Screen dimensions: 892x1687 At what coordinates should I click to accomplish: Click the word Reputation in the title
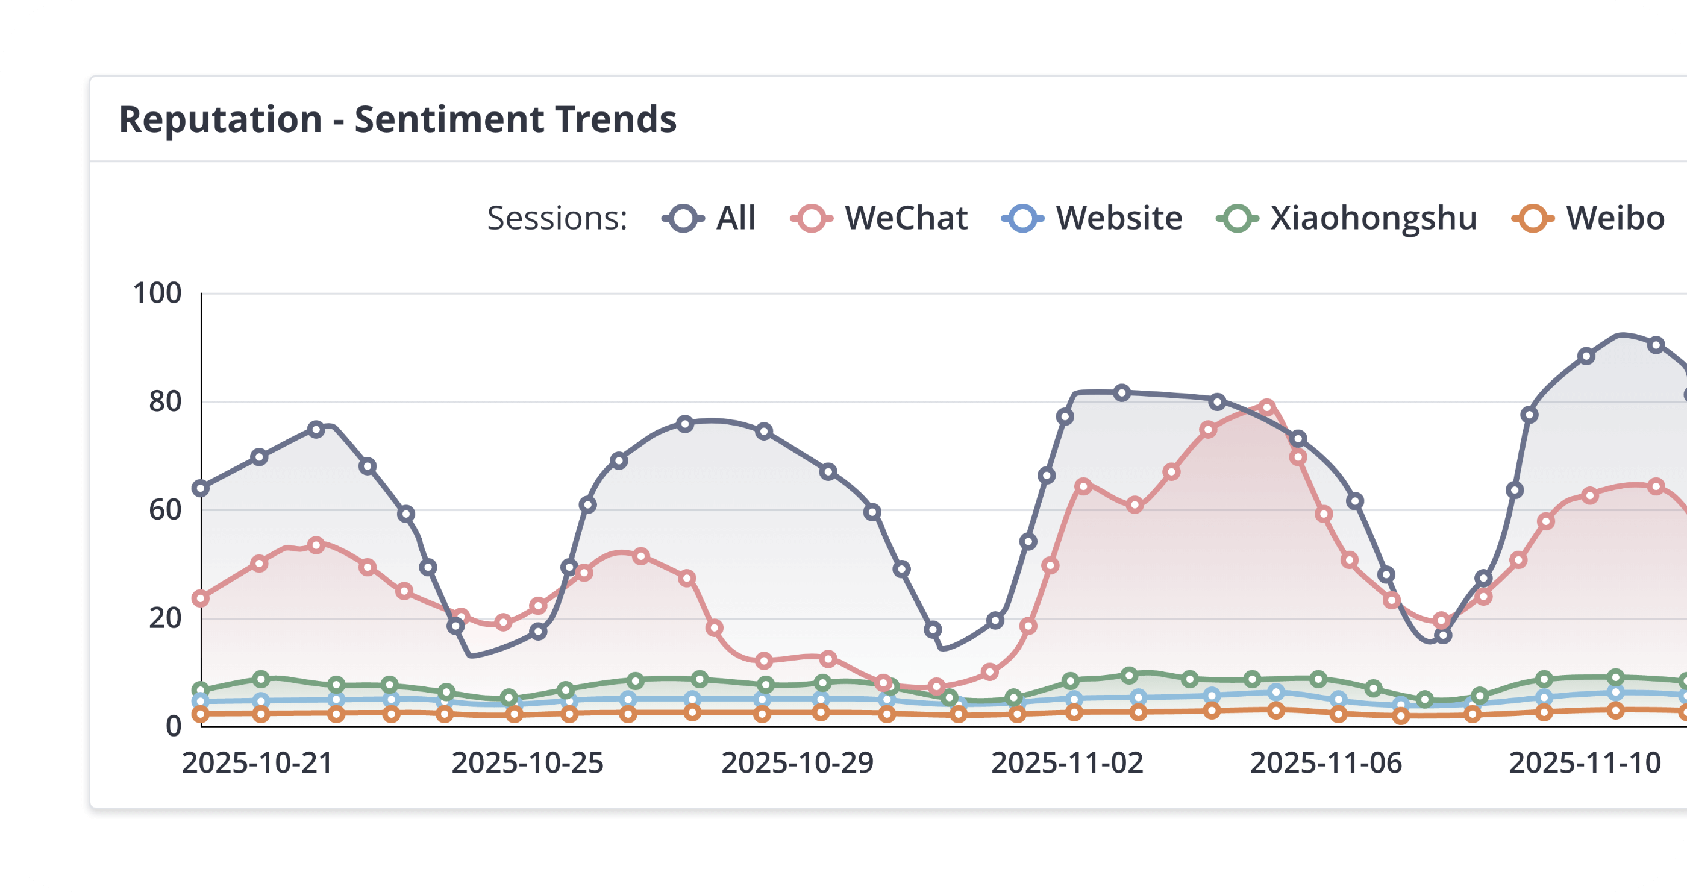(x=220, y=119)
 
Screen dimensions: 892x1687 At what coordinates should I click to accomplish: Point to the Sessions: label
(x=557, y=218)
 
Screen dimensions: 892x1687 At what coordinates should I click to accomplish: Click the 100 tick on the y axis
(x=157, y=294)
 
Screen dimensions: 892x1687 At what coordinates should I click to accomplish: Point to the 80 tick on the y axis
(x=165, y=401)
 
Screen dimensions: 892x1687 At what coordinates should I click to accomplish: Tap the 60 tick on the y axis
(x=165, y=510)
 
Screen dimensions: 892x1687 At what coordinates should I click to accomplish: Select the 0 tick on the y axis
(x=174, y=726)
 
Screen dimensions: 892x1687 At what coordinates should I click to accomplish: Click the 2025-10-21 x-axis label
(x=257, y=763)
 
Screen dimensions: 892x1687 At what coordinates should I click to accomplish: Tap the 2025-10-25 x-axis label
(x=527, y=763)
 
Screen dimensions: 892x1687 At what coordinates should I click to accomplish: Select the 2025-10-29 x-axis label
(x=797, y=763)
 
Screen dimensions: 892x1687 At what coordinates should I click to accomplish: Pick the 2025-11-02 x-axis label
(x=1067, y=763)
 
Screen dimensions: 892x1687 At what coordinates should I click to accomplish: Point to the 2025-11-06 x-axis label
(x=1325, y=763)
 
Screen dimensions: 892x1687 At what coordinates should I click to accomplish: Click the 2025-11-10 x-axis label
(x=1584, y=763)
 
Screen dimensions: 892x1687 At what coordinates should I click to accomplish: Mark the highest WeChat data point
(x=1266, y=407)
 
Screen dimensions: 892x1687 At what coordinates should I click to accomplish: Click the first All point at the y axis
(x=201, y=488)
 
